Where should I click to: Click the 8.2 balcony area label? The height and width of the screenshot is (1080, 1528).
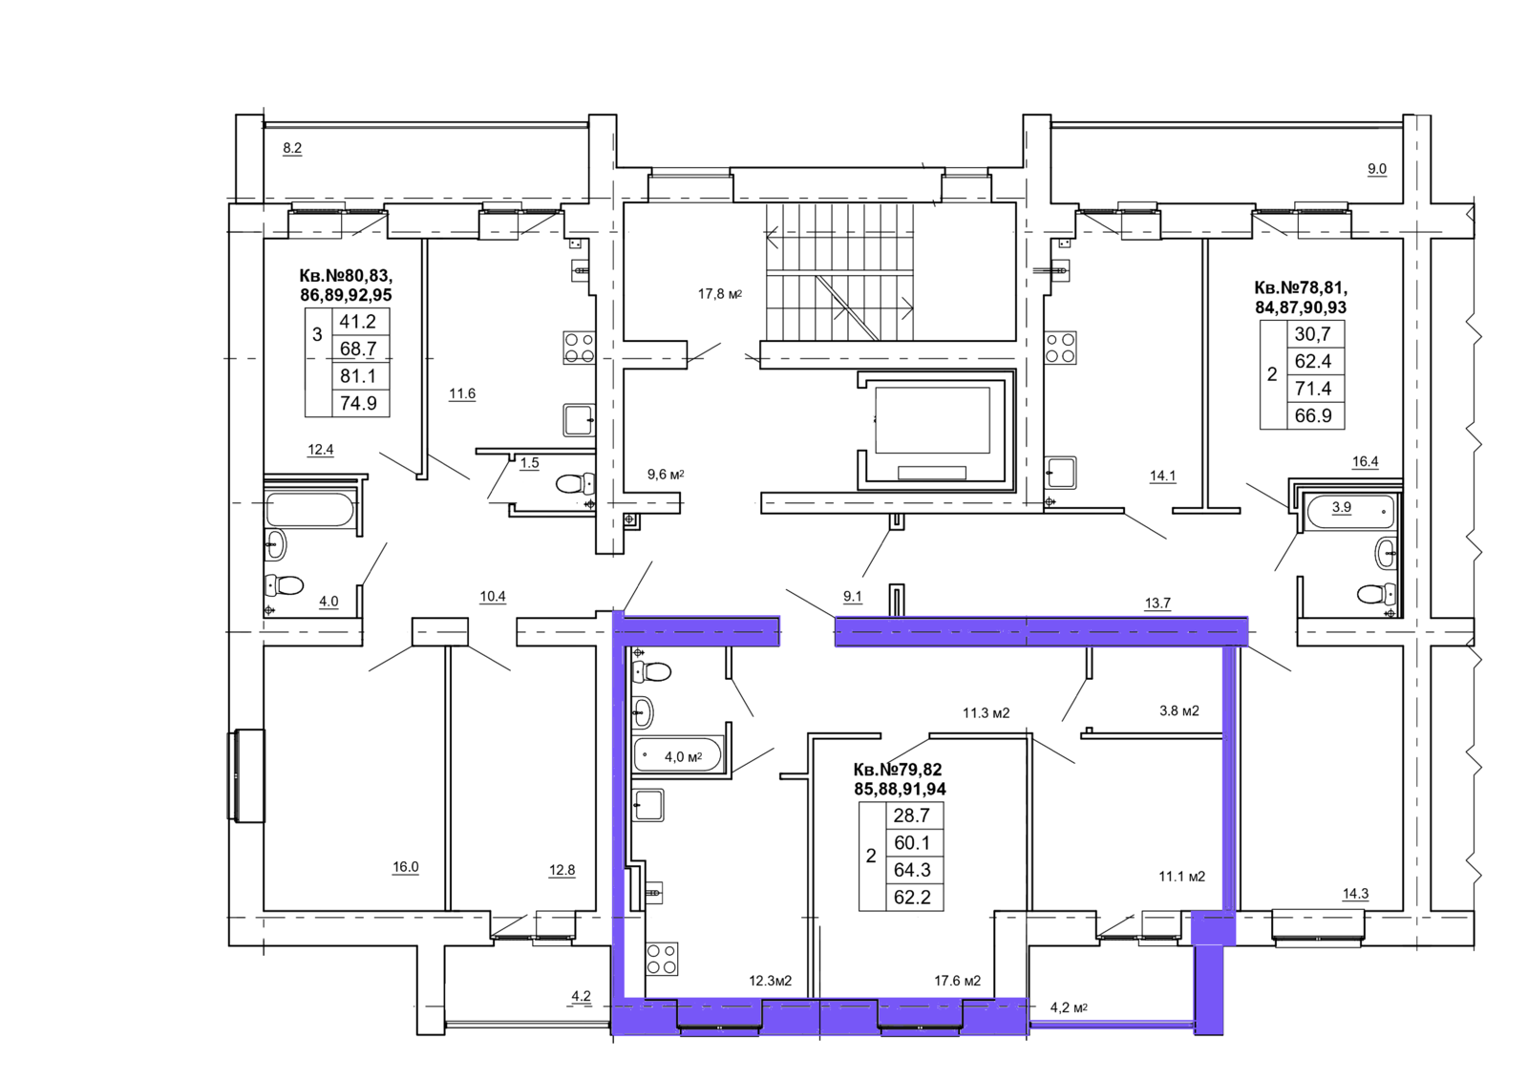pos(292,148)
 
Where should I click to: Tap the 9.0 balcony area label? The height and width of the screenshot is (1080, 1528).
pos(1376,169)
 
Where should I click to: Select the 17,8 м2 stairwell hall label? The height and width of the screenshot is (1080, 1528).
pos(720,294)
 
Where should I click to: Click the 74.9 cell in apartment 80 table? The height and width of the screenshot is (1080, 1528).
pos(358,403)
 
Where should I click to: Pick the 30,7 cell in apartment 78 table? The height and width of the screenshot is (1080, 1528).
pos(1312,334)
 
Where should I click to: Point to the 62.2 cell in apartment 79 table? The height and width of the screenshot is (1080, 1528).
pos(912,898)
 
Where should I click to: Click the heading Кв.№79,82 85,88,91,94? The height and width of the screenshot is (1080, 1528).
pos(899,779)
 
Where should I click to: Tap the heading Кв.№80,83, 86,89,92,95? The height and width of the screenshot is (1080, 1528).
pos(346,286)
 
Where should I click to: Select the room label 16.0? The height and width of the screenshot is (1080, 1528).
pos(405,867)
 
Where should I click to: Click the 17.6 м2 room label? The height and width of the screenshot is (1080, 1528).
pos(957,981)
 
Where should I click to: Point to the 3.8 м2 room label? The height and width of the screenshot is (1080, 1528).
pos(1178,710)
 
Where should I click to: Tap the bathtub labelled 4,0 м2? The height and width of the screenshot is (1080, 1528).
pos(677,756)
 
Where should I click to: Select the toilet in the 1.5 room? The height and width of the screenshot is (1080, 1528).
pos(576,484)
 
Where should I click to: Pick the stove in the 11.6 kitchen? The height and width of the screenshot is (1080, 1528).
pos(580,348)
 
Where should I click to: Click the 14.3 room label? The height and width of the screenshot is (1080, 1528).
pos(1355,894)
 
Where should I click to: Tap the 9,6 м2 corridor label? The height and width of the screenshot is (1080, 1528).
pos(665,475)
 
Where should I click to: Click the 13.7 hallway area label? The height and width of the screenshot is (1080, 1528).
pos(1157,604)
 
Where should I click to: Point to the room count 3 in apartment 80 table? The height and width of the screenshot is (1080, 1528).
pos(317,334)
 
